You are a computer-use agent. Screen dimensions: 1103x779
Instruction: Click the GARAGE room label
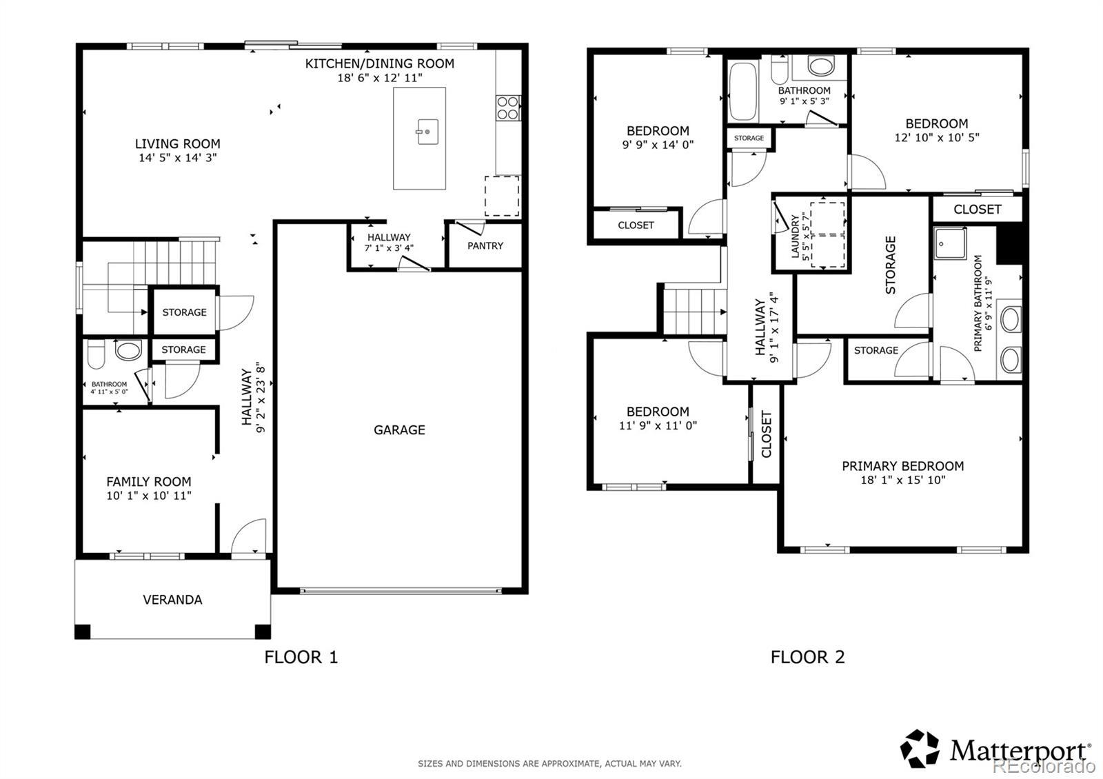point(399,430)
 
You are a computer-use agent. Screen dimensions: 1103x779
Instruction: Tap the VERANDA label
point(172,600)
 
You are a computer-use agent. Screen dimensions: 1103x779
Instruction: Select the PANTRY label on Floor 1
point(485,245)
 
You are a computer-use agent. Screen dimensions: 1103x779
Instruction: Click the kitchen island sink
point(427,132)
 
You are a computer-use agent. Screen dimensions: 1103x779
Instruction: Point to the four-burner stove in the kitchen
point(507,108)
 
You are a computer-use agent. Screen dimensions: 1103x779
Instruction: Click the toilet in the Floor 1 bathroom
point(96,354)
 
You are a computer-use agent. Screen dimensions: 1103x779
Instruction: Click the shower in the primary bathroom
point(950,243)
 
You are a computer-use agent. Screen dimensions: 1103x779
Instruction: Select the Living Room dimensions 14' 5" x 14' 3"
point(178,158)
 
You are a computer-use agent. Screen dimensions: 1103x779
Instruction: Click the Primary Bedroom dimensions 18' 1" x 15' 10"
point(903,480)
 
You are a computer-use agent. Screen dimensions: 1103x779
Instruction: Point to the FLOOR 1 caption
point(301,657)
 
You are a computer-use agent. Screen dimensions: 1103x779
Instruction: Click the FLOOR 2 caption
point(807,657)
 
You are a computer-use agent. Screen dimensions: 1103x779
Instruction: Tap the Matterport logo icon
point(920,749)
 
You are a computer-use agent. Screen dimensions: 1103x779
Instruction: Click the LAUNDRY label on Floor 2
point(795,236)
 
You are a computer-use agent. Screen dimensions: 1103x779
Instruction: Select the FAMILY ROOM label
point(149,482)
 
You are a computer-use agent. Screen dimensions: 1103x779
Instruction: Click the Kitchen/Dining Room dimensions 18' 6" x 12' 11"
point(380,77)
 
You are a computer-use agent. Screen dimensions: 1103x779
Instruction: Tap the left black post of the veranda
point(82,631)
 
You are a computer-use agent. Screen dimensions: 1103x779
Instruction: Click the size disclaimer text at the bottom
point(549,764)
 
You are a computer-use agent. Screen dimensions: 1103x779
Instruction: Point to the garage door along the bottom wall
point(401,590)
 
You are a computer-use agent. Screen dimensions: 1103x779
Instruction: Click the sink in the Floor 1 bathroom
point(128,350)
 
